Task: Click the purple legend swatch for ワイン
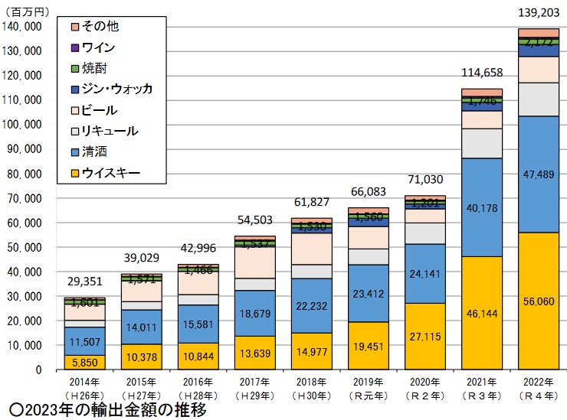point(74,47)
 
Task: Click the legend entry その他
point(99,27)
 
